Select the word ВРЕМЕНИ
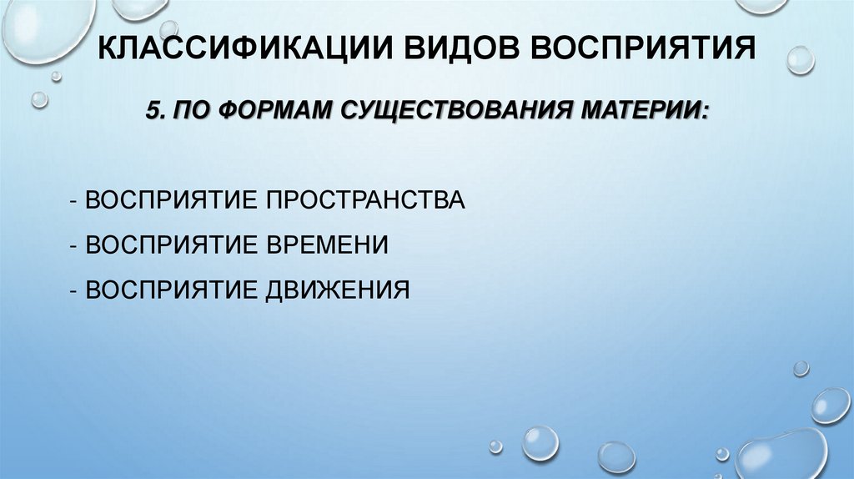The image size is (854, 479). click(327, 245)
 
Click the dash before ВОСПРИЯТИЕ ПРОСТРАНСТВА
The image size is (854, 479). click(76, 201)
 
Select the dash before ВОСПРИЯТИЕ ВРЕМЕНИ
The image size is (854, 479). click(76, 245)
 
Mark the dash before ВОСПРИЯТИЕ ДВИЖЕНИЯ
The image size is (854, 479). click(76, 290)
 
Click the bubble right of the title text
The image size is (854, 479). click(801, 59)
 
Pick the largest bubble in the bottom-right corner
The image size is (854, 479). click(780, 455)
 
